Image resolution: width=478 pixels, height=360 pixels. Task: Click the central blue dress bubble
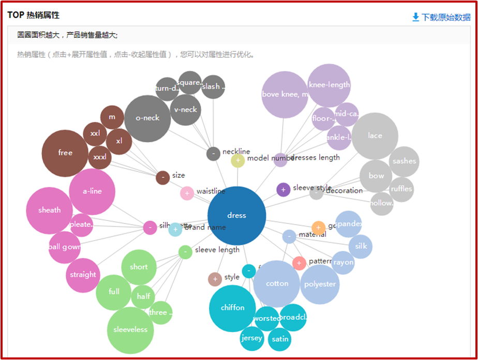click(236, 216)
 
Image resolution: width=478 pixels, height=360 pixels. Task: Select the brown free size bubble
click(65, 153)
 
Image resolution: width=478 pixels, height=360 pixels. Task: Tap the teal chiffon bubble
click(232, 308)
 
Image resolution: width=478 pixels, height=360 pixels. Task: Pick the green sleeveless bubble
click(130, 330)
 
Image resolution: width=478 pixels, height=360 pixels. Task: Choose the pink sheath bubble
click(49, 211)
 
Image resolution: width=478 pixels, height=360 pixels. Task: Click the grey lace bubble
click(375, 136)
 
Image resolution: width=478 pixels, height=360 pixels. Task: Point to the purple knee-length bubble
click(329, 85)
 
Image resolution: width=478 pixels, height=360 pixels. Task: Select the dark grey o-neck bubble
click(147, 118)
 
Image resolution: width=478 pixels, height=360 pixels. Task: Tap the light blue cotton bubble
click(277, 284)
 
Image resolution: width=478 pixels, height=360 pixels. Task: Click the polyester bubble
click(320, 284)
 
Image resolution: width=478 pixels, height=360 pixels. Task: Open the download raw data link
click(441, 17)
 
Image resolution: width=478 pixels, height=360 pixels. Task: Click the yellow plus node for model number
click(238, 160)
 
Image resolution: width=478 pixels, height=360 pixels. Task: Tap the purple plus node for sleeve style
click(283, 190)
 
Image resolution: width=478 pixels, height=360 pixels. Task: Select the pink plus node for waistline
click(187, 193)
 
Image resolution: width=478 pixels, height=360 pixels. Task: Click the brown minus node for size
click(162, 177)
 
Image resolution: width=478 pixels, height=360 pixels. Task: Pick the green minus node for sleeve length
click(185, 252)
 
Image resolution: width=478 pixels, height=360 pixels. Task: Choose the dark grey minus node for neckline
click(213, 154)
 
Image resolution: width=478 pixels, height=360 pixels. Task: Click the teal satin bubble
click(280, 340)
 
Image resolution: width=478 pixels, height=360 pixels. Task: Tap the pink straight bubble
click(83, 275)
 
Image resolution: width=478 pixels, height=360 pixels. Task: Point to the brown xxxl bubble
click(99, 157)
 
